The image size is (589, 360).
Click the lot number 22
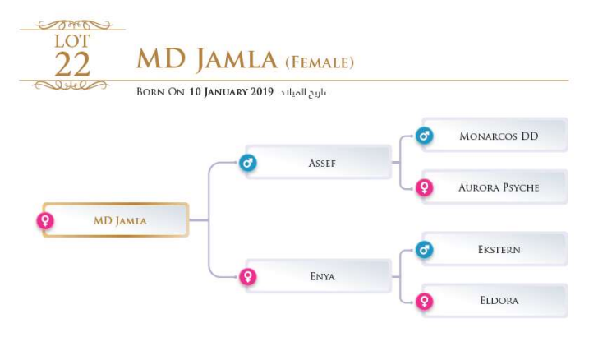click(x=71, y=64)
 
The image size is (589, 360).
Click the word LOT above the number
click(x=72, y=40)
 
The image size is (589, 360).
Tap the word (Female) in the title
click(x=319, y=62)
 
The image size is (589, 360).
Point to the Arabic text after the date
click(x=303, y=92)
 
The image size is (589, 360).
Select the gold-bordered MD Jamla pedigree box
click(x=117, y=220)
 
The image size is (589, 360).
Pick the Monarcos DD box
click(x=498, y=136)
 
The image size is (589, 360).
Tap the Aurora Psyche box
click(x=498, y=187)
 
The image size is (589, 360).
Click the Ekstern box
click(x=498, y=249)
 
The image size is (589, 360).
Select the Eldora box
click(x=498, y=301)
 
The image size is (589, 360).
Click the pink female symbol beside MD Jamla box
click(x=45, y=220)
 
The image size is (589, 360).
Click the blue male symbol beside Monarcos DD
click(x=424, y=136)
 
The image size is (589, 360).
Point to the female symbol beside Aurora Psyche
click(x=424, y=187)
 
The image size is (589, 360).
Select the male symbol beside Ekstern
click(x=424, y=249)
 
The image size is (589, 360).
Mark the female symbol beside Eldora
click(x=424, y=301)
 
